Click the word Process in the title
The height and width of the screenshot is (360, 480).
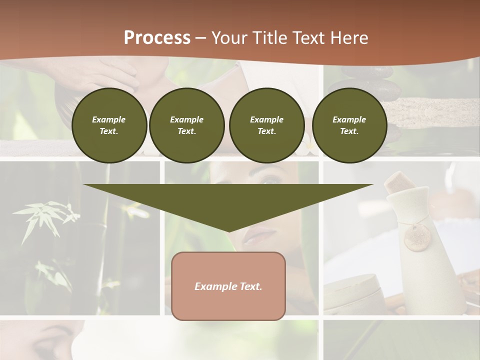157,38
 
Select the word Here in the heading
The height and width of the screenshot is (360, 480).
349,38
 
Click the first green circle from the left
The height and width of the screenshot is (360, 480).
109,125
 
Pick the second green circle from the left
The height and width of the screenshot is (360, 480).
186,125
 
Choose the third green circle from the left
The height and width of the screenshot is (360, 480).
266,125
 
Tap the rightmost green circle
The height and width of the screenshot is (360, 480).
349,125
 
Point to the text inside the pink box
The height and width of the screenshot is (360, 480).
228,286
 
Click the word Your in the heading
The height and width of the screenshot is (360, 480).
231,38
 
